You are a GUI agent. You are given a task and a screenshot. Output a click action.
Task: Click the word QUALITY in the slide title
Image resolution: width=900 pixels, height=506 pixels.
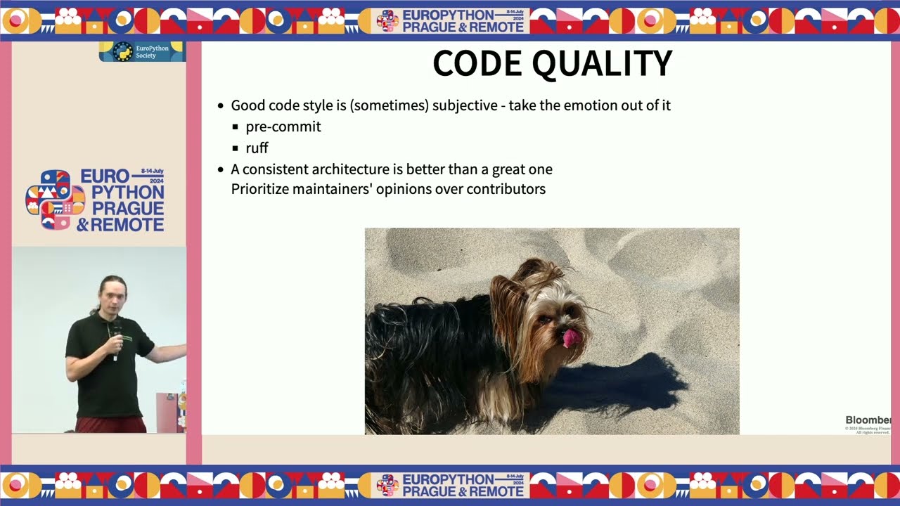[602, 64]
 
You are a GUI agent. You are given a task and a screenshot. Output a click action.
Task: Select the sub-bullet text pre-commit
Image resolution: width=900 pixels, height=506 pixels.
[283, 126]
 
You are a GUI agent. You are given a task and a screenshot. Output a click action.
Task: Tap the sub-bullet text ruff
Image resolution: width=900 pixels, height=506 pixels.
[257, 148]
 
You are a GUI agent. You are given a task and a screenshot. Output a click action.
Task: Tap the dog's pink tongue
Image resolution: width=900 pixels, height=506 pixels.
[571, 338]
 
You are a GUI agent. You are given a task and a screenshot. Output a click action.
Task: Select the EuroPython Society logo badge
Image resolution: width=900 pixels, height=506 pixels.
[142, 51]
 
